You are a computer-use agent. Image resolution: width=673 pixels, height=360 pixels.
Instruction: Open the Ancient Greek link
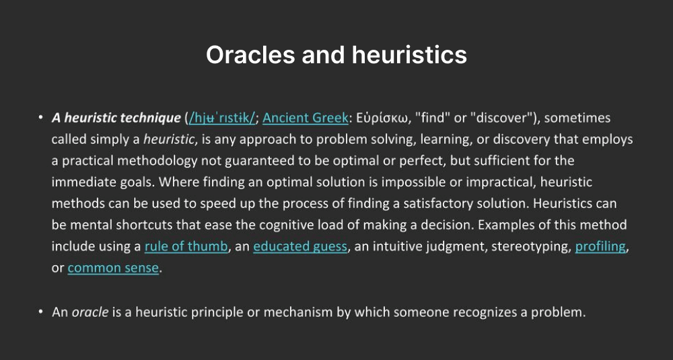[x=306, y=118]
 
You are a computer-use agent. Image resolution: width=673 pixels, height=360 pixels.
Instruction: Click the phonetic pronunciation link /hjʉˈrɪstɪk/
[x=222, y=118]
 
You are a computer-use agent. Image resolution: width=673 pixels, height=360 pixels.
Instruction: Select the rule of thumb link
[x=186, y=246]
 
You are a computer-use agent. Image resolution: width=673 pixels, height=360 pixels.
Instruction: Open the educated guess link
[x=300, y=246]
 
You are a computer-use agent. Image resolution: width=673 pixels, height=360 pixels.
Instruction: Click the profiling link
[x=600, y=246]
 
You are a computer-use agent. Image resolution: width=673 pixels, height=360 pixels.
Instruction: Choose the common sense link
[x=113, y=268]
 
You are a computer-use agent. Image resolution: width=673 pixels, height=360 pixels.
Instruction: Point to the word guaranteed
[x=257, y=161]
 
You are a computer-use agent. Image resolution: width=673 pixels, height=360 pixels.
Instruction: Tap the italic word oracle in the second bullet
[x=90, y=312]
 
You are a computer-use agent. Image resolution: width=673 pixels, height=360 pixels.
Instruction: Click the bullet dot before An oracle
[x=40, y=312]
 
